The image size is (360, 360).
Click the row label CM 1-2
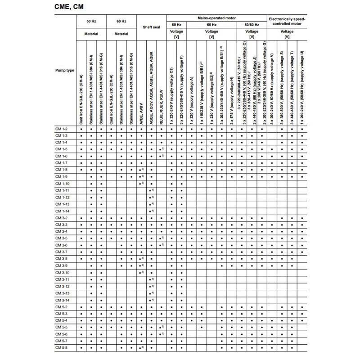point(62,129)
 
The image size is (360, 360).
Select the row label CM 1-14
point(62,211)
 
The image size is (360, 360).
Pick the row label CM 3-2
point(62,218)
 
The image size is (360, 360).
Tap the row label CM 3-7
point(62,252)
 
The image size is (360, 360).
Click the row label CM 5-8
point(62,348)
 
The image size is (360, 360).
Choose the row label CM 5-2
point(62,307)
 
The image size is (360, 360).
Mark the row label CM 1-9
point(62,177)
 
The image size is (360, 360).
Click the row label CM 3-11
point(62,279)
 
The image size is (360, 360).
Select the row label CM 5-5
point(62,327)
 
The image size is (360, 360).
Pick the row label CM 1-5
point(62,149)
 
